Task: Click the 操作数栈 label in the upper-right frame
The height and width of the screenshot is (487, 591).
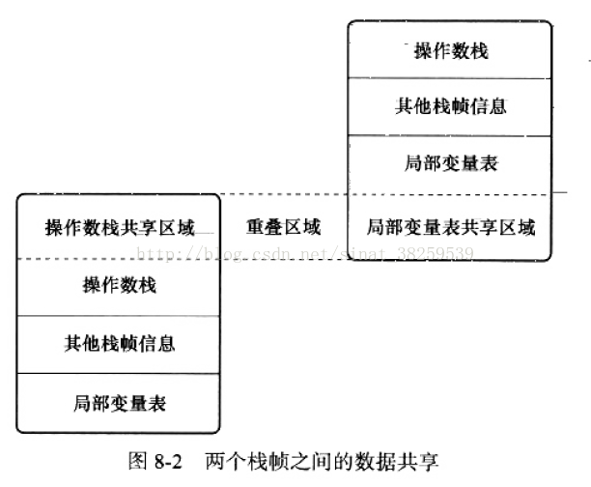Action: point(451,50)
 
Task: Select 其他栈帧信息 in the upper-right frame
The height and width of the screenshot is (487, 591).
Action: point(451,105)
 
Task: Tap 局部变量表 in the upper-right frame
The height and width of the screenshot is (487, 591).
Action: point(451,163)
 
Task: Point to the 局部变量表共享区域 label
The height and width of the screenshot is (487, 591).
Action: point(451,228)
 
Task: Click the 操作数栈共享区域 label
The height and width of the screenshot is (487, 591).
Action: point(120,228)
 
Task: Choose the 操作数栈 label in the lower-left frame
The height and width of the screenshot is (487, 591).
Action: point(120,285)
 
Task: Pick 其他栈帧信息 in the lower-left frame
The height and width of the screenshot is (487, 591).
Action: point(120,343)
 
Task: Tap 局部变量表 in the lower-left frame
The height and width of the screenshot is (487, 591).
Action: point(120,402)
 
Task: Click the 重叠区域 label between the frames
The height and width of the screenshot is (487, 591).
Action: point(283,227)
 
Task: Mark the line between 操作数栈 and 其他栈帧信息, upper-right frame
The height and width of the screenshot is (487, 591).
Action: point(451,78)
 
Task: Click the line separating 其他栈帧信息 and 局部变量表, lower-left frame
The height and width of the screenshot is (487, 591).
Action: point(120,373)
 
